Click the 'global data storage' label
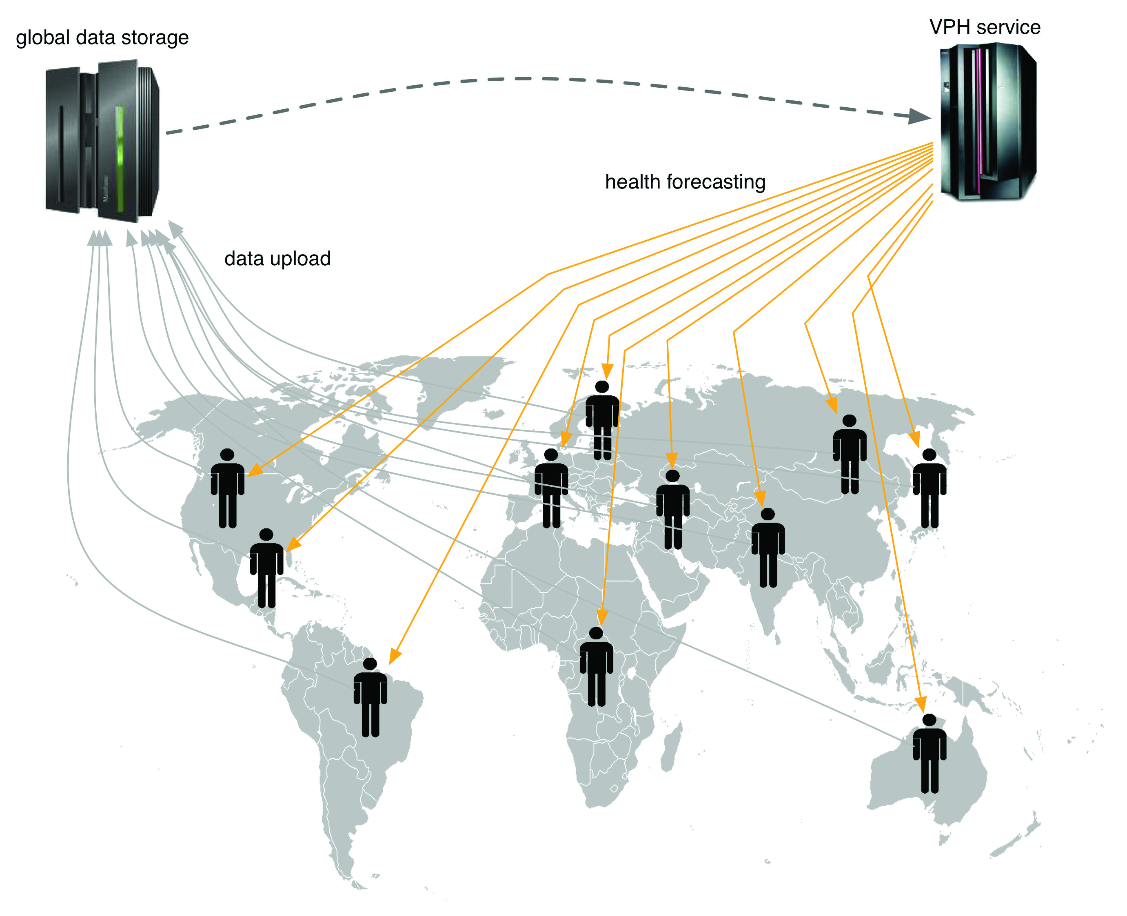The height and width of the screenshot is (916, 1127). (x=102, y=38)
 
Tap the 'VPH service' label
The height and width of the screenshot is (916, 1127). (x=984, y=27)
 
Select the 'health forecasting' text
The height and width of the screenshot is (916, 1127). (x=684, y=182)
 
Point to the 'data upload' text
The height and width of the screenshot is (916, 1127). (x=277, y=259)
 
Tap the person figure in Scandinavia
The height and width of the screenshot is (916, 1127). (x=601, y=419)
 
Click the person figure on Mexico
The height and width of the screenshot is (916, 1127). (x=266, y=568)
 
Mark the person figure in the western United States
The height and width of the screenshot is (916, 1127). (x=227, y=488)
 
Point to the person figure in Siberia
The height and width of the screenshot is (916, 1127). (x=849, y=454)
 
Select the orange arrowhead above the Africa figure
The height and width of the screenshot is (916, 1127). (x=602, y=617)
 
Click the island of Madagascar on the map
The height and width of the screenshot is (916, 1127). (x=670, y=749)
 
